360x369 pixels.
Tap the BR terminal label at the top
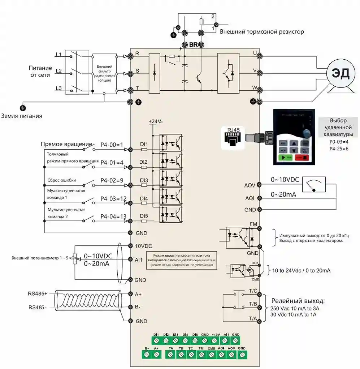[x=193, y=45]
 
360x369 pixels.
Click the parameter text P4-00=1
[x=112, y=145]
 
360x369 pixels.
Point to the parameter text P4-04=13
[x=113, y=216]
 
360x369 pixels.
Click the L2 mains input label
[x=58, y=71]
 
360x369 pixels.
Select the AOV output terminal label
[x=250, y=185]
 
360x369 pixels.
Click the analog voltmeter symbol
[x=313, y=185]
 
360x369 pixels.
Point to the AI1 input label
[x=139, y=260]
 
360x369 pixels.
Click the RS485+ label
[x=38, y=293]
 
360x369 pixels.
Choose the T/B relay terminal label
[x=253, y=304]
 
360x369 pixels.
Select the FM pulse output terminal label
[x=253, y=224]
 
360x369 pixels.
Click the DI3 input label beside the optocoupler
[x=144, y=180]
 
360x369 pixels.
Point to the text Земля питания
[x=22, y=116]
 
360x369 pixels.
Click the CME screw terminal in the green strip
[x=212, y=355]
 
